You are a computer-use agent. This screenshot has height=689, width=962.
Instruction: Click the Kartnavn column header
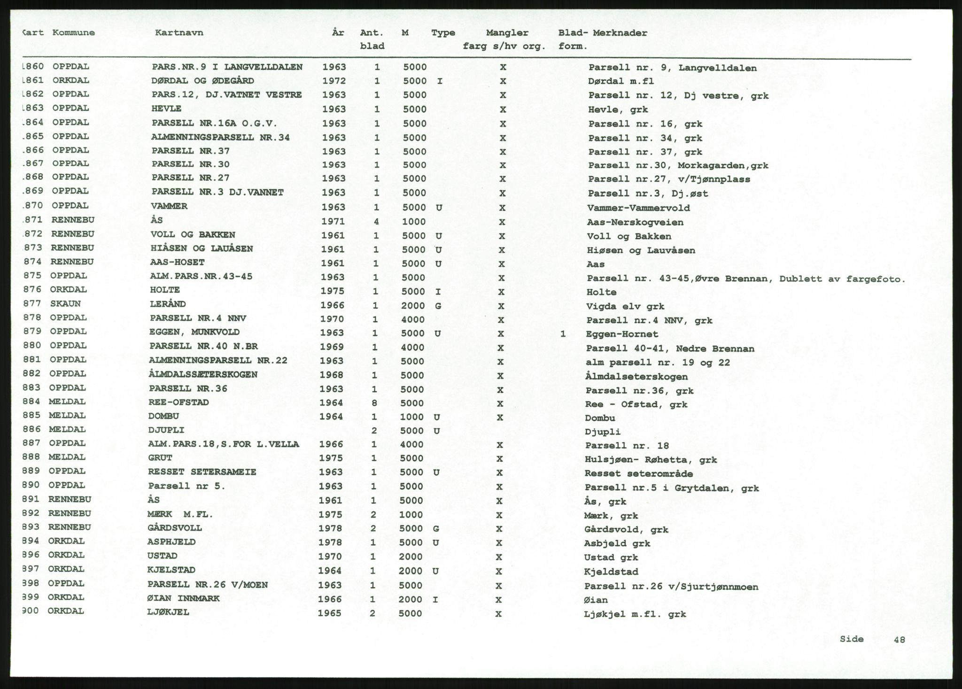point(179,33)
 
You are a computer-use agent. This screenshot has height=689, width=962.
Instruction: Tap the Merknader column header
point(620,33)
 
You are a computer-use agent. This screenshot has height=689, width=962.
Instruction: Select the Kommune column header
point(74,32)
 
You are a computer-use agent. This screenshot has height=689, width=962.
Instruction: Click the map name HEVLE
point(166,108)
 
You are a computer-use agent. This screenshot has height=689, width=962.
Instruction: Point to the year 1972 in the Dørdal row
point(334,81)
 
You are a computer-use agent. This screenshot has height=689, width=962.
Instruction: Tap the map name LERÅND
point(168,304)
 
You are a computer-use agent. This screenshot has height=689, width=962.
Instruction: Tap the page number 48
point(900,639)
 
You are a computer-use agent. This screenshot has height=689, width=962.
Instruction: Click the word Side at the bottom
point(852,639)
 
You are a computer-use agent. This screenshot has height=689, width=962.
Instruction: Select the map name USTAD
point(162,556)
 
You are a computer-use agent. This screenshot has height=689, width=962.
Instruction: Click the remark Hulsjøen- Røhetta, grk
point(651,460)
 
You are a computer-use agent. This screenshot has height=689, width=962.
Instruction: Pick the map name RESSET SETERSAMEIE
point(202,472)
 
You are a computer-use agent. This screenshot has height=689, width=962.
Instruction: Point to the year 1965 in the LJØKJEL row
point(330,613)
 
